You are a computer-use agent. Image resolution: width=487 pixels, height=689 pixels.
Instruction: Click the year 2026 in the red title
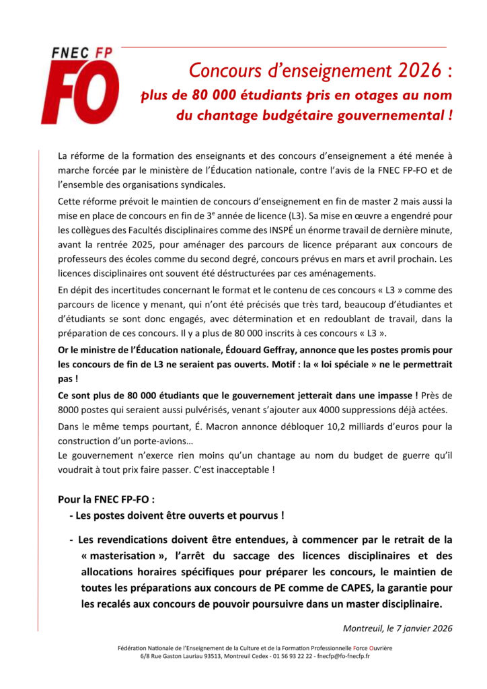[415, 70]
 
